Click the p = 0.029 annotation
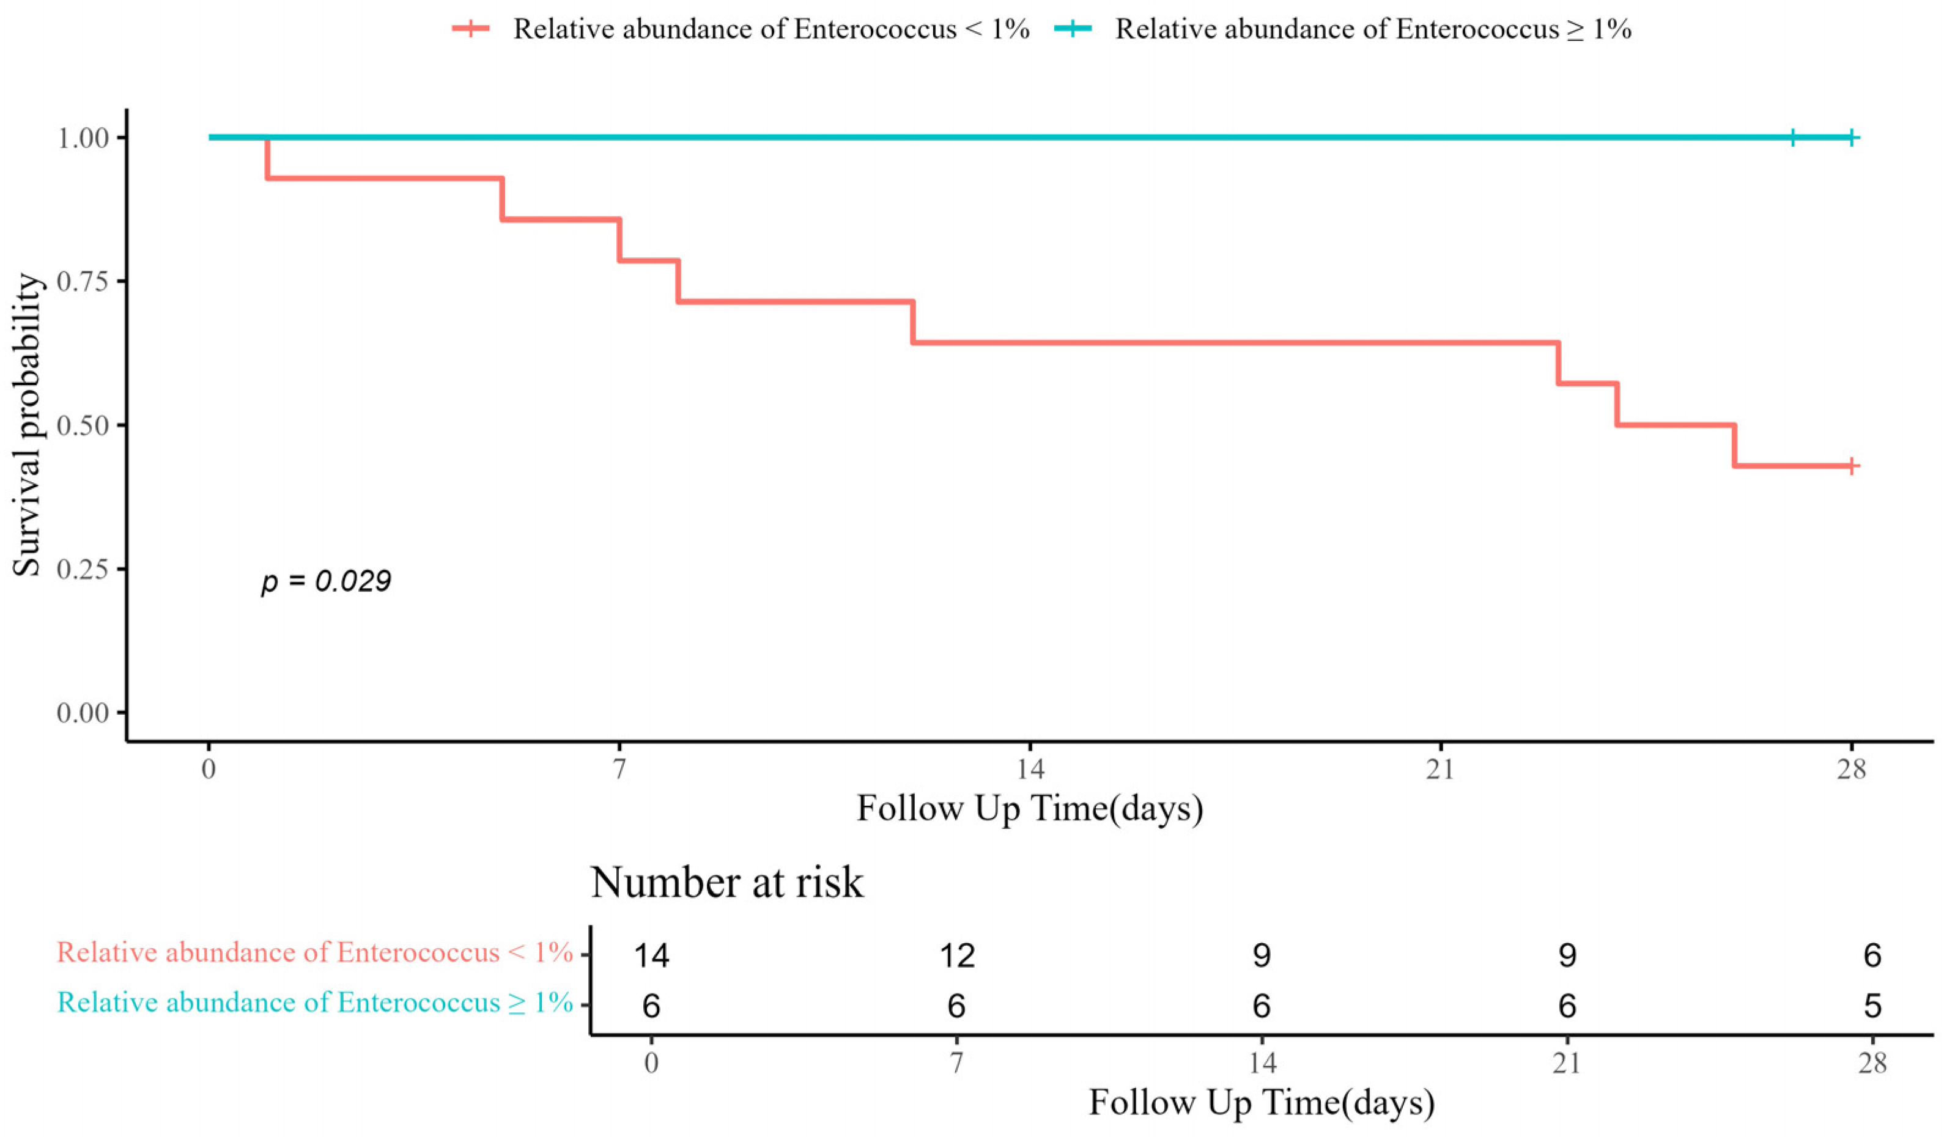pos(325,581)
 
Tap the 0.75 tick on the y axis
pos(83,282)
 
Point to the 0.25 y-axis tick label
pos(83,569)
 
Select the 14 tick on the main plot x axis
pos(1030,769)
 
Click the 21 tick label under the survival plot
pos(1440,769)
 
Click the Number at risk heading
pos(726,883)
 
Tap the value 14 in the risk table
pos(651,955)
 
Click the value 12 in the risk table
pos(956,955)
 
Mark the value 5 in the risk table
pos(1872,1006)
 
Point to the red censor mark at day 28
pos(1852,466)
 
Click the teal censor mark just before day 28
pos(1793,138)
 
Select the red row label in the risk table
pos(315,952)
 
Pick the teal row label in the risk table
pos(315,1002)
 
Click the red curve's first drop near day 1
pos(267,158)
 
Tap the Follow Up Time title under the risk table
pos(1262,1102)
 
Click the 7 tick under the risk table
pos(956,1063)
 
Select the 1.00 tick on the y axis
pos(83,138)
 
